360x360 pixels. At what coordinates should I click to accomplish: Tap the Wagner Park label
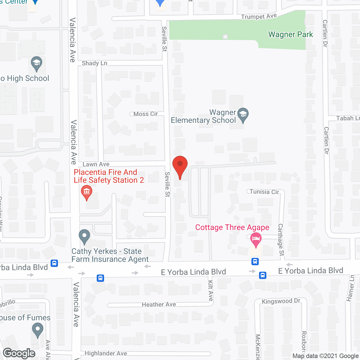click(291, 35)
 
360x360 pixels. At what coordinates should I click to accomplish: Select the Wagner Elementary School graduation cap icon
click(243, 115)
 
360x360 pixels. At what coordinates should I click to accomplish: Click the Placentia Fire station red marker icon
click(87, 192)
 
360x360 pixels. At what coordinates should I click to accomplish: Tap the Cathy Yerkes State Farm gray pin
click(84, 237)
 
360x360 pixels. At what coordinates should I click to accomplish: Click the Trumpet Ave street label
click(259, 17)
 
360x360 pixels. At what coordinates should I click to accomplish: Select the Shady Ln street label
click(94, 63)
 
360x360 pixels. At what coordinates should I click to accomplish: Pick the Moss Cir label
click(145, 114)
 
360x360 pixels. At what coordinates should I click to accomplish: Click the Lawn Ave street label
click(96, 164)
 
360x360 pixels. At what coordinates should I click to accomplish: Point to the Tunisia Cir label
click(264, 192)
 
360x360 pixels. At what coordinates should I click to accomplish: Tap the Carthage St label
click(281, 240)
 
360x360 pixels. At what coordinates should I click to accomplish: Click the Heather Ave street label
click(159, 305)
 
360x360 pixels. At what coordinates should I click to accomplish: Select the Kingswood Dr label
click(281, 301)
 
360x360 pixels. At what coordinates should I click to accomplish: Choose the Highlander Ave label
click(106, 354)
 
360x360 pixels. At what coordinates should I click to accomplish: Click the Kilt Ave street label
click(211, 291)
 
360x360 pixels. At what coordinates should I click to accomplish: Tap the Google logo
click(19, 353)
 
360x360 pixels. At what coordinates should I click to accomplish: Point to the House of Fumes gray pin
click(37, 330)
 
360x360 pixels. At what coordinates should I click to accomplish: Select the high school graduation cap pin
click(37, 64)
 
